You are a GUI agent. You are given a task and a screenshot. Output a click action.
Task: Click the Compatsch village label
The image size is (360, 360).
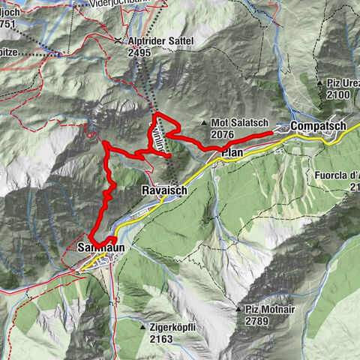click(x=319, y=126)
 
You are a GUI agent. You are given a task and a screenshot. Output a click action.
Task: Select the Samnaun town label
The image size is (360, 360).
click(x=100, y=247)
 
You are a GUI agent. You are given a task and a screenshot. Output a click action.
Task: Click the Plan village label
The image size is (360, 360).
click(x=230, y=153)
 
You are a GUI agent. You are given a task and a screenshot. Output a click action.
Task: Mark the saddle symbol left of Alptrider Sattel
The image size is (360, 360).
click(x=118, y=40)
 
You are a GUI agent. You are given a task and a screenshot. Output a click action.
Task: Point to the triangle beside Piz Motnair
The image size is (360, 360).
click(x=238, y=309)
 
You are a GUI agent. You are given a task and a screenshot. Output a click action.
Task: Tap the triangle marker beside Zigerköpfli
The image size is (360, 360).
click(x=143, y=328)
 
